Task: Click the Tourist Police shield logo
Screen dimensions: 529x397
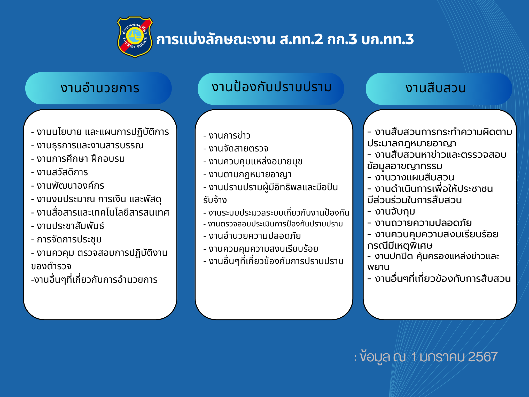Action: (135, 37)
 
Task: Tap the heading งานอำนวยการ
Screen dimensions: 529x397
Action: (100, 88)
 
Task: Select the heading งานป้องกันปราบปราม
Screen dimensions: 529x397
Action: (271, 87)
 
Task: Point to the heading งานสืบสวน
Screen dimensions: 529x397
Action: (435, 88)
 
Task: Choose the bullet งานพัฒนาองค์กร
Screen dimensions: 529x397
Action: (68, 186)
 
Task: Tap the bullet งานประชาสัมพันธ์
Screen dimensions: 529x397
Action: (68, 226)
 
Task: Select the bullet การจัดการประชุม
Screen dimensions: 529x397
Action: (66, 239)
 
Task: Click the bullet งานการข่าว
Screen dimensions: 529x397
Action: (227, 135)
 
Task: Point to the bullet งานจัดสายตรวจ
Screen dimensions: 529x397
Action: (236, 149)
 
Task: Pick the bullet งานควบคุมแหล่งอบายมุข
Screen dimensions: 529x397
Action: (253, 162)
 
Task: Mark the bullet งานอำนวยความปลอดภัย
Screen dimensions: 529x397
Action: (252, 236)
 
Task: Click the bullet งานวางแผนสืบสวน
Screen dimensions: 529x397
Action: (411, 177)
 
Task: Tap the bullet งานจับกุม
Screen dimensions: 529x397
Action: (391, 212)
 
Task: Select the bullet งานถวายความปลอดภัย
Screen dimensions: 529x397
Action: (419, 223)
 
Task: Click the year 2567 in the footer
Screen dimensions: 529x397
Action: (483, 357)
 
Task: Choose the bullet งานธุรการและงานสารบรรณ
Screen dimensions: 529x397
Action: (87, 145)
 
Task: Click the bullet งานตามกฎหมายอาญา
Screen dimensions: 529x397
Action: (247, 174)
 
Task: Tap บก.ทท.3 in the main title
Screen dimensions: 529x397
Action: (387, 39)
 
